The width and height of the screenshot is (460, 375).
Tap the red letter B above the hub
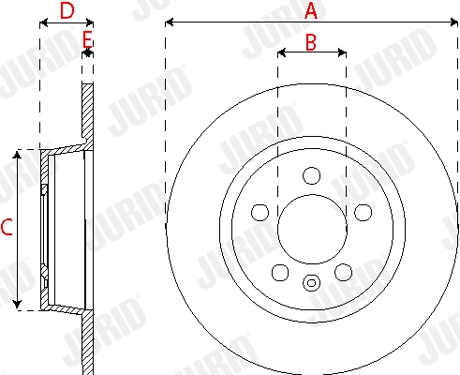tap(312, 42)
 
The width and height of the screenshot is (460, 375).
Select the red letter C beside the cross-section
tap(7, 228)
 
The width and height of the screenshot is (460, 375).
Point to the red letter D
tap(67, 11)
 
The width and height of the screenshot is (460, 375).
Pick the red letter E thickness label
tap(87, 38)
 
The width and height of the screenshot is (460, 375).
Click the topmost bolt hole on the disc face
tap(312, 174)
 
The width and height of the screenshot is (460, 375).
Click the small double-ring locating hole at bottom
tap(312, 280)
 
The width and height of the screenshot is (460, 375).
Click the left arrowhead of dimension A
tap(169, 21)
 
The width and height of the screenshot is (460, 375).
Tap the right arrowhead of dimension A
tap(455, 21)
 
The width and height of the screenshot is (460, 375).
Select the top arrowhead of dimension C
tap(18, 153)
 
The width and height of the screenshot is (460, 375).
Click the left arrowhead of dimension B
tap(281, 53)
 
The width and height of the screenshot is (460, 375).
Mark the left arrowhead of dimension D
tap(42, 23)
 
